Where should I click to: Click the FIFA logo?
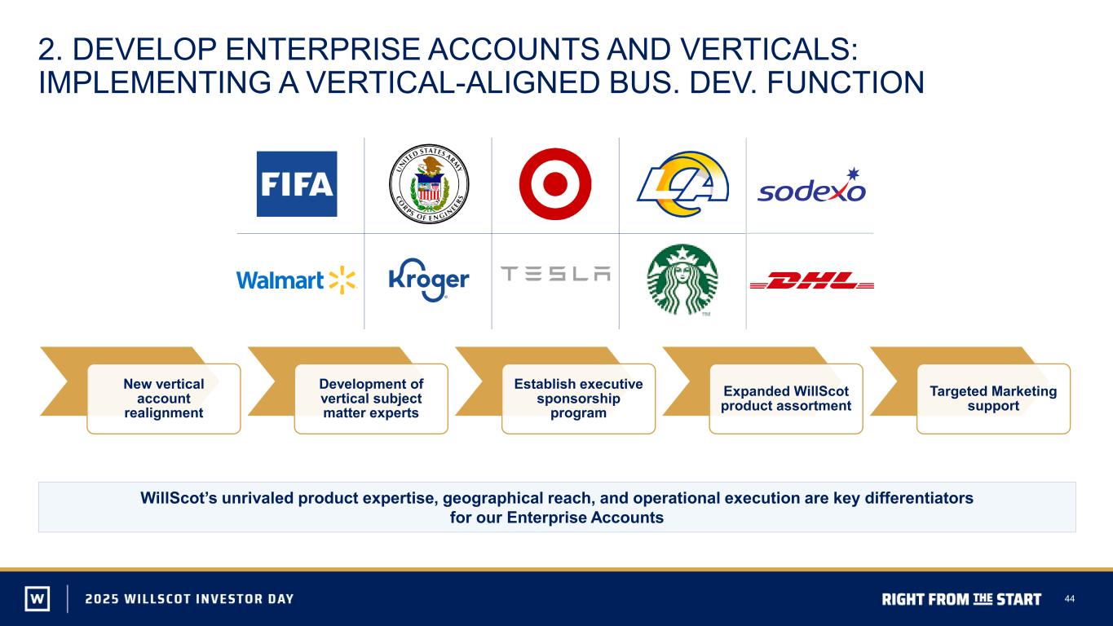pyautogui.click(x=297, y=184)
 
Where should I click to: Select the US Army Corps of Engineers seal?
pyautogui.click(x=429, y=184)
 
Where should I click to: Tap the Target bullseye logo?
pyautogui.click(x=555, y=184)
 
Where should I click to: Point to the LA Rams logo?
pyautogui.click(x=683, y=184)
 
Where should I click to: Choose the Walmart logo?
pyautogui.click(x=296, y=280)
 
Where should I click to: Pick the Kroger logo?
pyautogui.click(x=429, y=280)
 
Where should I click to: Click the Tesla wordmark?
pyautogui.click(x=555, y=274)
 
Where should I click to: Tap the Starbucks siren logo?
pyautogui.click(x=682, y=280)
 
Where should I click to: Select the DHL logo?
pyautogui.click(x=812, y=280)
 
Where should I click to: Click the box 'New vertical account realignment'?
pyautogui.click(x=164, y=399)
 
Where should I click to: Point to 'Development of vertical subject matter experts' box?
pyautogui.click(x=371, y=399)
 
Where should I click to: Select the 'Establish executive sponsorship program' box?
pyautogui.click(x=578, y=399)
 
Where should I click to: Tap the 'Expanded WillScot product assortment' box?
pyautogui.click(x=786, y=399)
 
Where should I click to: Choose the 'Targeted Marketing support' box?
pyautogui.click(x=993, y=399)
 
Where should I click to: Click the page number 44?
pyautogui.click(x=1070, y=598)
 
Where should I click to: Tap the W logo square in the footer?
pyautogui.click(x=38, y=598)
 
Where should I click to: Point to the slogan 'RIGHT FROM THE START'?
pyautogui.click(x=961, y=599)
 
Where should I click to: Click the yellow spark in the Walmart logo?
pyautogui.click(x=342, y=280)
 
